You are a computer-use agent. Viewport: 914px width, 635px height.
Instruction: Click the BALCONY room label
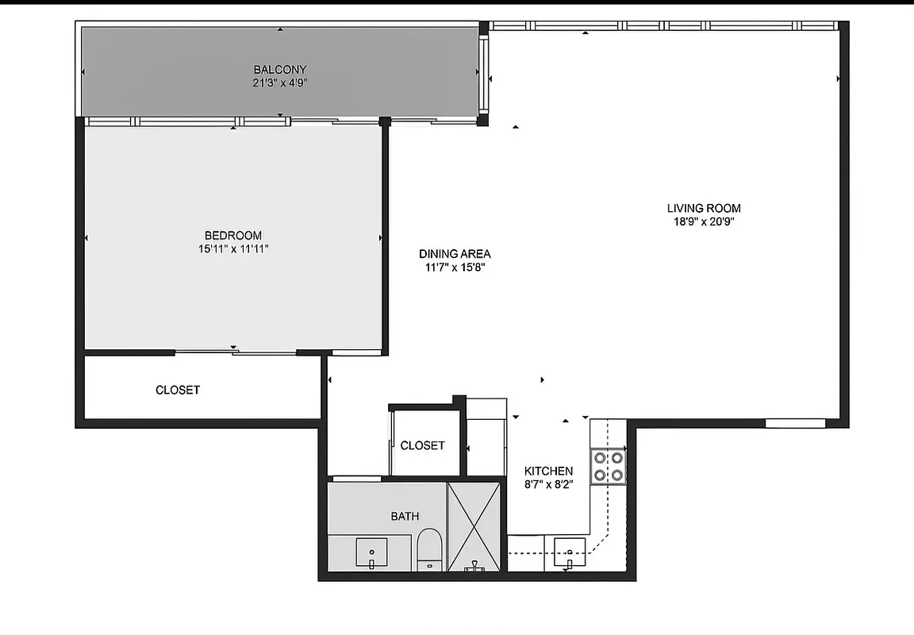tap(279, 69)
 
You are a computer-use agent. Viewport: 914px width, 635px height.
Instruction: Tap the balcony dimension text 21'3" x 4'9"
tap(279, 82)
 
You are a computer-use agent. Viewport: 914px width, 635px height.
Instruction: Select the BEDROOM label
tap(233, 235)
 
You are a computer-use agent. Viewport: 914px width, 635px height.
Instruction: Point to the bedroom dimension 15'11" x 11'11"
tap(233, 248)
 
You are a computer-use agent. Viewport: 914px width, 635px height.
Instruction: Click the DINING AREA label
tap(455, 254)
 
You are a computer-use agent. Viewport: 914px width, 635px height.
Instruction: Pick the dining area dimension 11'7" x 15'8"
tap(455, 267)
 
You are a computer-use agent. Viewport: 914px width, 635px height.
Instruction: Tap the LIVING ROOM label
tap(704, 209)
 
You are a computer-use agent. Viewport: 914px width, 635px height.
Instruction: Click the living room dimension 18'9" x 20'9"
tap(704, 222)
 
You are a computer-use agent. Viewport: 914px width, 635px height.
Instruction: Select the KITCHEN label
tap(548, 471)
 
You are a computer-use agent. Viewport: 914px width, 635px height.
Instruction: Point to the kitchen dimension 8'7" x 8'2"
tap(548, 483)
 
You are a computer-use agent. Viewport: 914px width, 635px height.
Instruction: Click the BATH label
tap(405, 517)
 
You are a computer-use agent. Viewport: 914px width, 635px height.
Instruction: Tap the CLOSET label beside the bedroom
tap(178, 390)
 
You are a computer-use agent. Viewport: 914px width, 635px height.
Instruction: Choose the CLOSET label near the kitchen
tap(422, 445)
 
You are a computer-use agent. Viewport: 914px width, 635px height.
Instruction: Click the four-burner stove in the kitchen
tap(609, 466)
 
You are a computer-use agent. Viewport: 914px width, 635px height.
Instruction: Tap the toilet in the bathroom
tap(429, 548)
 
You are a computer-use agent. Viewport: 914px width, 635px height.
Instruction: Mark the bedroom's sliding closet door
tap(235, 352)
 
